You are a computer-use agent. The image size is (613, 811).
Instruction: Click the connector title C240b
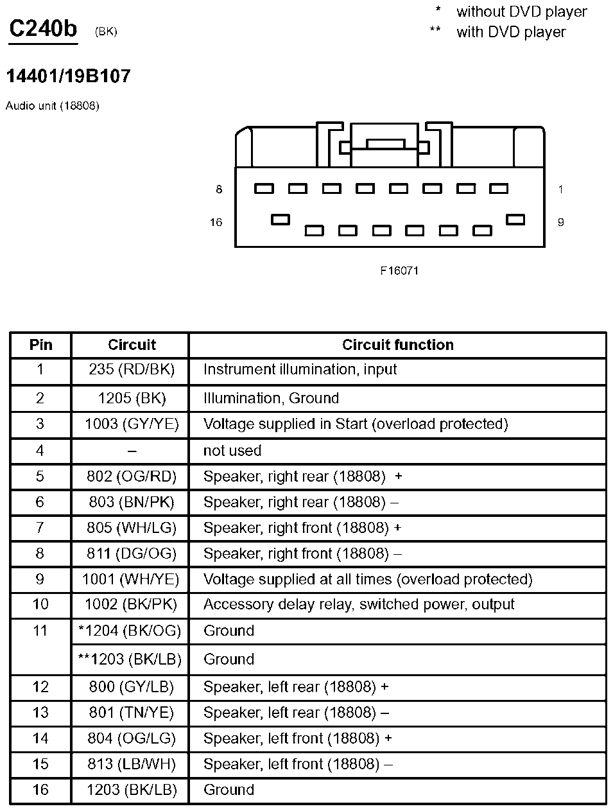coord(43,29)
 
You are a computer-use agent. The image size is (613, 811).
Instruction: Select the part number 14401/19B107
coord(68,76)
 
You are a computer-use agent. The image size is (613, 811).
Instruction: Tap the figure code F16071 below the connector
coord(399,271)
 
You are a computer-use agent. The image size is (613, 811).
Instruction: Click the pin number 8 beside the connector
coord(219,189)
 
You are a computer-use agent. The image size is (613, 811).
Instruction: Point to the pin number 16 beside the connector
coord(216,222)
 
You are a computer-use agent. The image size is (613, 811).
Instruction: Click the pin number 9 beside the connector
coord(560,222)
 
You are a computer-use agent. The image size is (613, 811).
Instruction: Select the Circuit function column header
coord(397,345)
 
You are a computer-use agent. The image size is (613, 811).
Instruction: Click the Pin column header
coord(40,345)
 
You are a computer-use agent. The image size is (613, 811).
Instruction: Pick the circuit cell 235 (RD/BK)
coord(132,370)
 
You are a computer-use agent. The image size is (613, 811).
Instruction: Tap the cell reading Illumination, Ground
coord(271,398)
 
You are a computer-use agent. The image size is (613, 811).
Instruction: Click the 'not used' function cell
coord(232,451)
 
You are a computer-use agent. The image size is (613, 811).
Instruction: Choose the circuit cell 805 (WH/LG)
coord(132,528)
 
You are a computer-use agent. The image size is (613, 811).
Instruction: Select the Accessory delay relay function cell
coord(359,605)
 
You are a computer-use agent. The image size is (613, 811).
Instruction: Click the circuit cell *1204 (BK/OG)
coord(130,631)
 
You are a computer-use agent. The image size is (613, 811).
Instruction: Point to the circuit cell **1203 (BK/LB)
coord(130,659)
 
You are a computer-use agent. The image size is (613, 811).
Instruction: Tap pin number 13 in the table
coord(40,713)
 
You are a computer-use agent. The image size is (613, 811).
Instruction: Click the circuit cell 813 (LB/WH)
coord(132,764)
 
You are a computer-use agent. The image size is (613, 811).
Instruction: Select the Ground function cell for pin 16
coord(229,790)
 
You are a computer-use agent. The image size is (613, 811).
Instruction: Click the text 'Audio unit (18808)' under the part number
coord(53,106)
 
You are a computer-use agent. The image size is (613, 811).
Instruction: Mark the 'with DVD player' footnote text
coord(511,32)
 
